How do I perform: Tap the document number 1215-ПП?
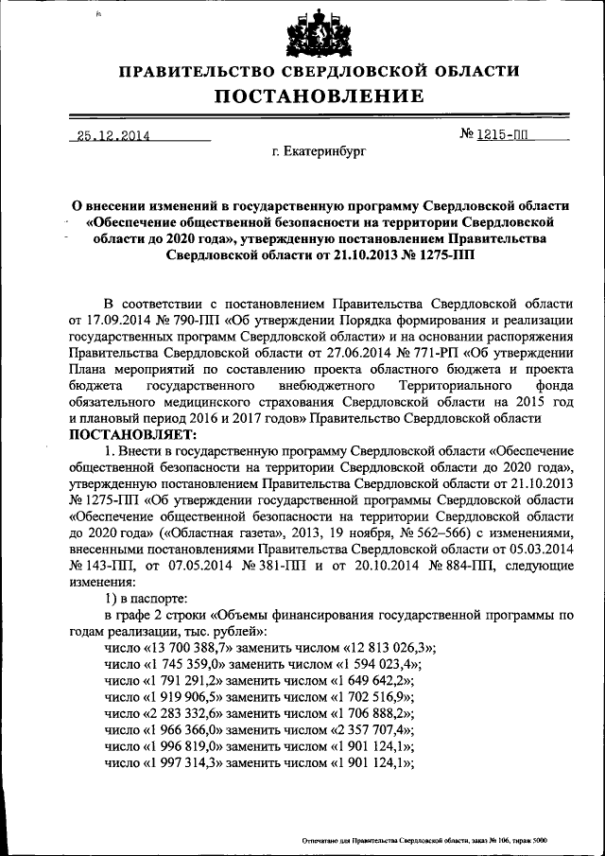click(x=505, y=135)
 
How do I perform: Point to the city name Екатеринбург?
click(x=318, y=151)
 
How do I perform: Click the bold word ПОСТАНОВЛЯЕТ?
click(x=130, y=434)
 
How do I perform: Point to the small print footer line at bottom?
click(x=424, y=839)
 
